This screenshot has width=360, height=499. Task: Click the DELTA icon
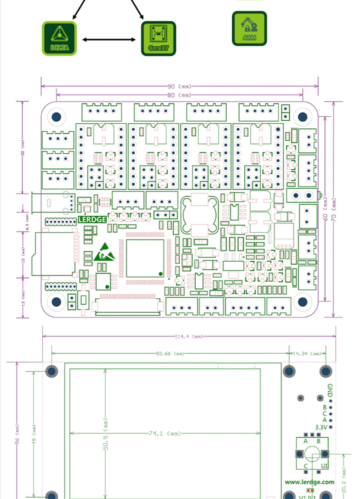pos(59,38)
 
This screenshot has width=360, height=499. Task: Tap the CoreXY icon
pos(158,38)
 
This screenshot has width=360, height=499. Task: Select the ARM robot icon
pos(249,28)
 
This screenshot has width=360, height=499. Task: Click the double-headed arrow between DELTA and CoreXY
pos(109,39)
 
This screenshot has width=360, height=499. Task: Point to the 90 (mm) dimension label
pos(179,86)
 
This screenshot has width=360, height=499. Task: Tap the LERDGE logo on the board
pos(92,220)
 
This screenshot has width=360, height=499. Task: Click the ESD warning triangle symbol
pos(105,252)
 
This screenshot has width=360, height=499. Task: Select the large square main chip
pos(145,258)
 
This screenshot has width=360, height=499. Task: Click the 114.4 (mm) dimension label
pos(189,336)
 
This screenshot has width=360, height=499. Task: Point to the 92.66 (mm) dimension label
pos(170,354)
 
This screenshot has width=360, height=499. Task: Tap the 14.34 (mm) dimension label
pos(309,354)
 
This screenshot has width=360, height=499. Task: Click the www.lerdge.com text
pos(309,482)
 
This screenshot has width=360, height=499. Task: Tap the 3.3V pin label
pos(321,427)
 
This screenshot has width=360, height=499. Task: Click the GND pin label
pos(330,390)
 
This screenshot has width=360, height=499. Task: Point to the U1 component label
pos(324,466)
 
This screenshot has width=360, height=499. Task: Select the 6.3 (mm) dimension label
pos(27,222)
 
